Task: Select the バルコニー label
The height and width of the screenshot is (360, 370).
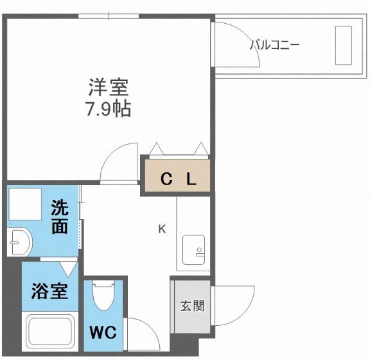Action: [274, 46]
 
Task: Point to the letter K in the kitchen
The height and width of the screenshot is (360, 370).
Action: [163, 229]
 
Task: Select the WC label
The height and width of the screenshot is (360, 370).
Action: [102, 334]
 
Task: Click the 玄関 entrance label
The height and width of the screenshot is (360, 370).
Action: [191, 306]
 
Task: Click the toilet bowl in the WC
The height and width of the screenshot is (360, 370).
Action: [102, 299]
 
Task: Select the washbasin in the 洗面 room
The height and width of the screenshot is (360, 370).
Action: [20, 242]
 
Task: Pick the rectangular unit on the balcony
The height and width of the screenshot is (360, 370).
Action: [343, 45]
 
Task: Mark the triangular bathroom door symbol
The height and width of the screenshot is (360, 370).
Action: [67, 268]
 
